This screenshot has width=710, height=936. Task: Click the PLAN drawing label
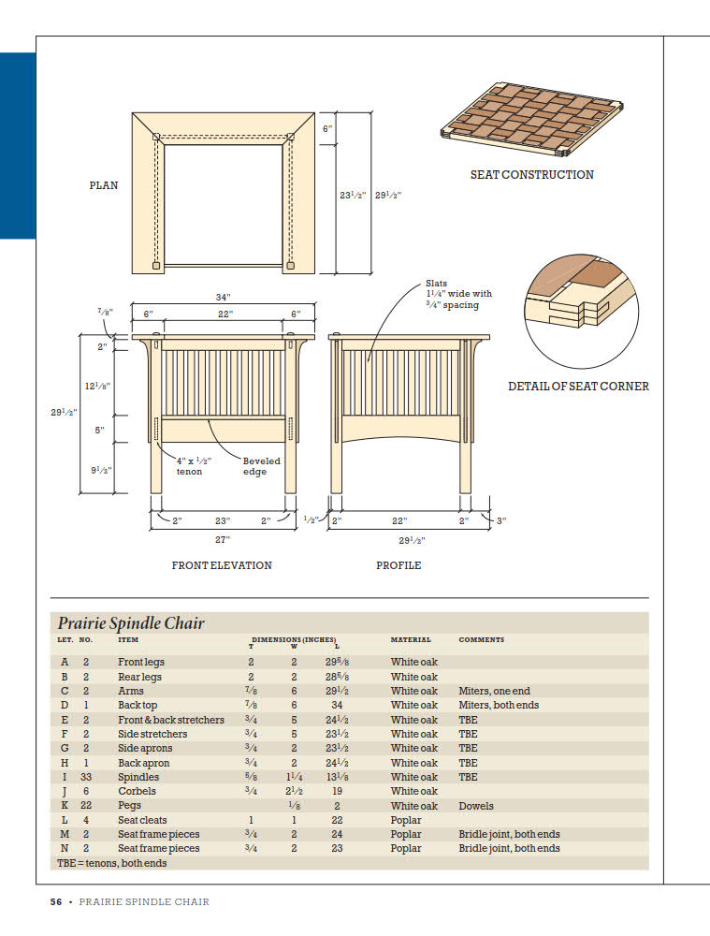coord(104,185)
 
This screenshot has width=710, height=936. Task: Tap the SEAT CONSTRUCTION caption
coord(531,174)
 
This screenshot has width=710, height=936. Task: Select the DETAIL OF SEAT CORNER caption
coord(578,386)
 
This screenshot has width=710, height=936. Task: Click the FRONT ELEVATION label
coord(222,565)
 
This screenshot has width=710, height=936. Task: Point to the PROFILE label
coord(398,565)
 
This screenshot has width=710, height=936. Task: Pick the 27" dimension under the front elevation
coord(223,539)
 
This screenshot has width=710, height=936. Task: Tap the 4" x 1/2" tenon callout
coord(194,466)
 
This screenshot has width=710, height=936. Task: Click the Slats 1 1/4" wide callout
coord(458,294)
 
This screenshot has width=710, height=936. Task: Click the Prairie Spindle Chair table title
coord(131,623)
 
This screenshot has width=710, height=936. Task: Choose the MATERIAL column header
coord(411,640)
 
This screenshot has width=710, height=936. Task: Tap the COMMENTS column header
coord(481,640)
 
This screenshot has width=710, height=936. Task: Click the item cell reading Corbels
coord(137,791)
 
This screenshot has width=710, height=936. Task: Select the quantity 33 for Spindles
coord(86,777)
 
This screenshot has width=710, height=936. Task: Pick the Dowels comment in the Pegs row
coord(476,806)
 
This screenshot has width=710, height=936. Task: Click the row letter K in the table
coord(65,806)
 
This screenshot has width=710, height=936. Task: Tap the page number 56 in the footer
coord(56,902)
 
